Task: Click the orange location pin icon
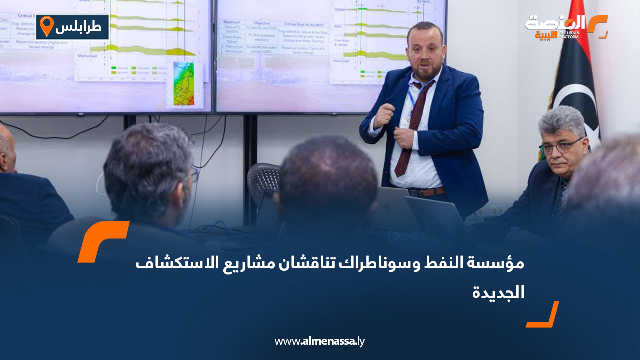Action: pos(46,26)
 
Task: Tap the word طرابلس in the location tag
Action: pos(82,27)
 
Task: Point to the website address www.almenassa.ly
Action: pos(319,341)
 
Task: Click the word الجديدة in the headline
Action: pos(498,292)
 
